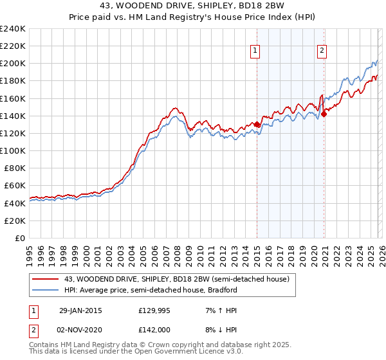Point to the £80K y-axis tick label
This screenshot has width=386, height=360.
tap(14, 168)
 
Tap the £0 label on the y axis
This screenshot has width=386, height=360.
tap(20, 238)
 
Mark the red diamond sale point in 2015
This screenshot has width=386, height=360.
tap(257, 125)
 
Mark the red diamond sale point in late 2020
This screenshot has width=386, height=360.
tap(324, 114)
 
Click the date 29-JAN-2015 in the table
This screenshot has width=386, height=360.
tap(80, 310)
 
